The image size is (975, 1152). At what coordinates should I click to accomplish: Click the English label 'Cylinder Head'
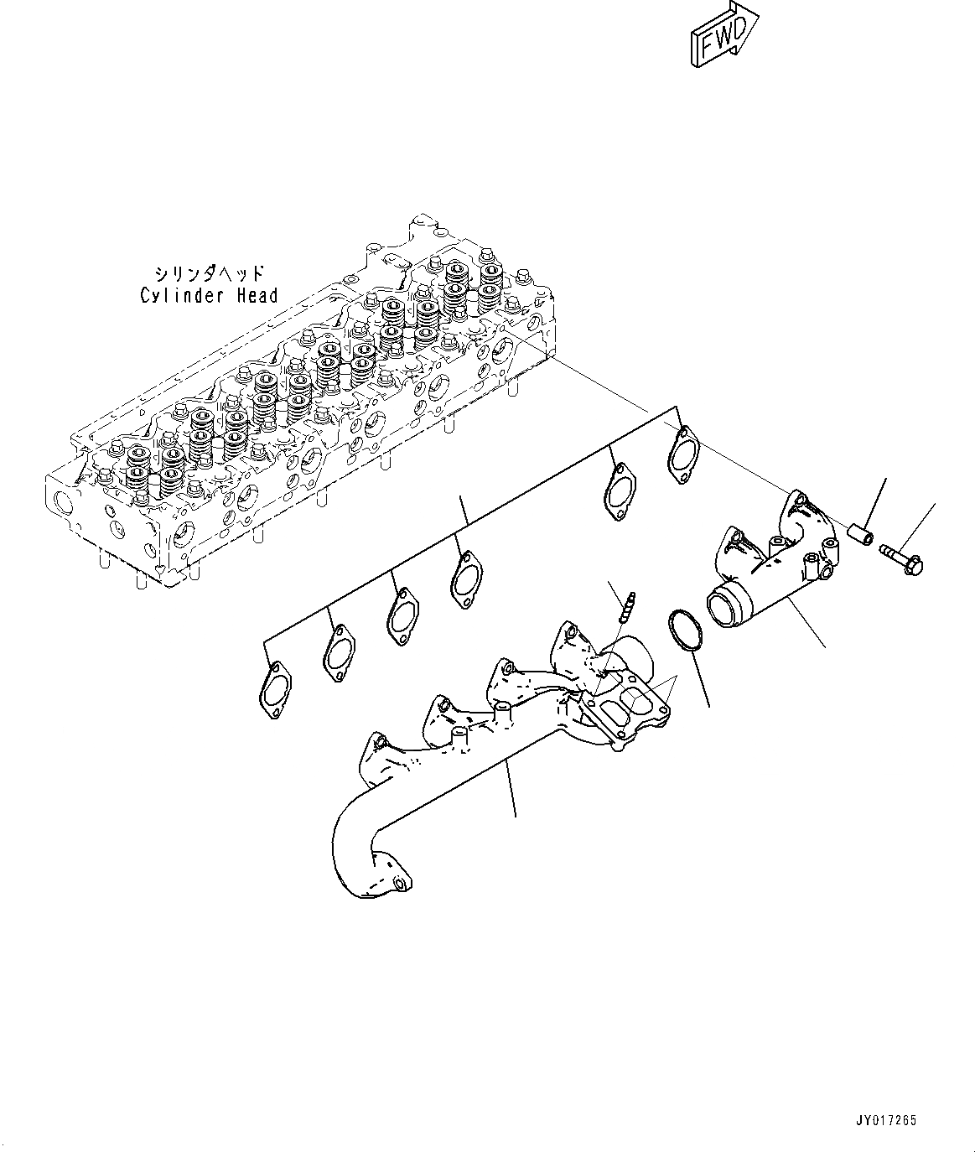(209, 295)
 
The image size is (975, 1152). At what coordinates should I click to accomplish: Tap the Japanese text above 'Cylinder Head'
(209, 274)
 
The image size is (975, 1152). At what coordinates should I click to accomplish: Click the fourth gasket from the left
(466, 579)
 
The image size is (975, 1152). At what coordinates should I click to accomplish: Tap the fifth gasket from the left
(619, 492)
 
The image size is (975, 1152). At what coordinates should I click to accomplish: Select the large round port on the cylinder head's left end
(63, 505)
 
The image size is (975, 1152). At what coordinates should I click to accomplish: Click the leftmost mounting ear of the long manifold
(375, 745)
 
